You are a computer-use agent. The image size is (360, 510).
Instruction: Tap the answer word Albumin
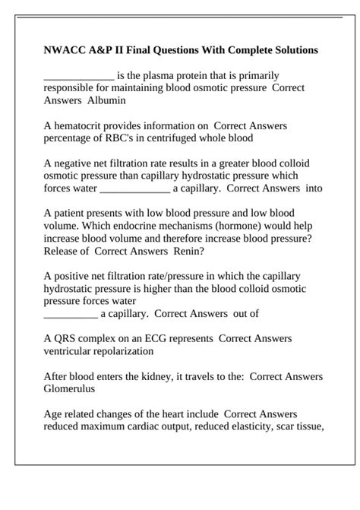coord(106,100)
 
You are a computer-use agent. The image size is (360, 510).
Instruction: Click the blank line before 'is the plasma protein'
coord(79,76)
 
